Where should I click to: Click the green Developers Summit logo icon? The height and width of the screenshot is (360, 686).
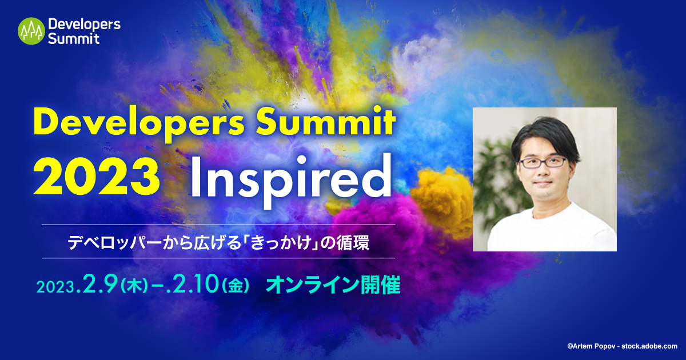[31, 31]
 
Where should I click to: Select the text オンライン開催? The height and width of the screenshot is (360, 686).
[333, 285]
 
